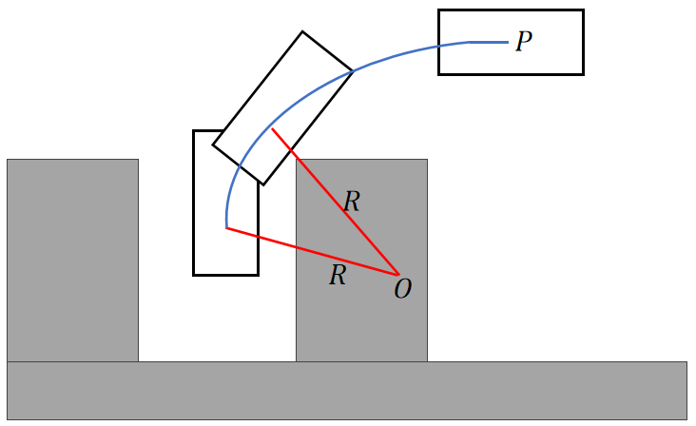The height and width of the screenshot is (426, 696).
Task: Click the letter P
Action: [523, 43]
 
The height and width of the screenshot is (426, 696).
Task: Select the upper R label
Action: [352, 202]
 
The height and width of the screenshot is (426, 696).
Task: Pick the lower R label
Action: [338, 277]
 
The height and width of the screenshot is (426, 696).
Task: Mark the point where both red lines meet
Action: [398, 275]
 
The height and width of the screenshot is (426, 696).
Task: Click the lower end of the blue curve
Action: [226, 228]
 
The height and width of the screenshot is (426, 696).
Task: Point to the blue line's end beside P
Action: [507, 42]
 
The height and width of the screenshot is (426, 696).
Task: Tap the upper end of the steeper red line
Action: [273, 128]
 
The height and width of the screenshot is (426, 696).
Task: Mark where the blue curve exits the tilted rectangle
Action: [353, 71]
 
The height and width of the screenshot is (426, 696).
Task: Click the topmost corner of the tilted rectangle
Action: [302, 31]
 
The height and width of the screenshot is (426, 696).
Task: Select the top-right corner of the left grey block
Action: [138, 160]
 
